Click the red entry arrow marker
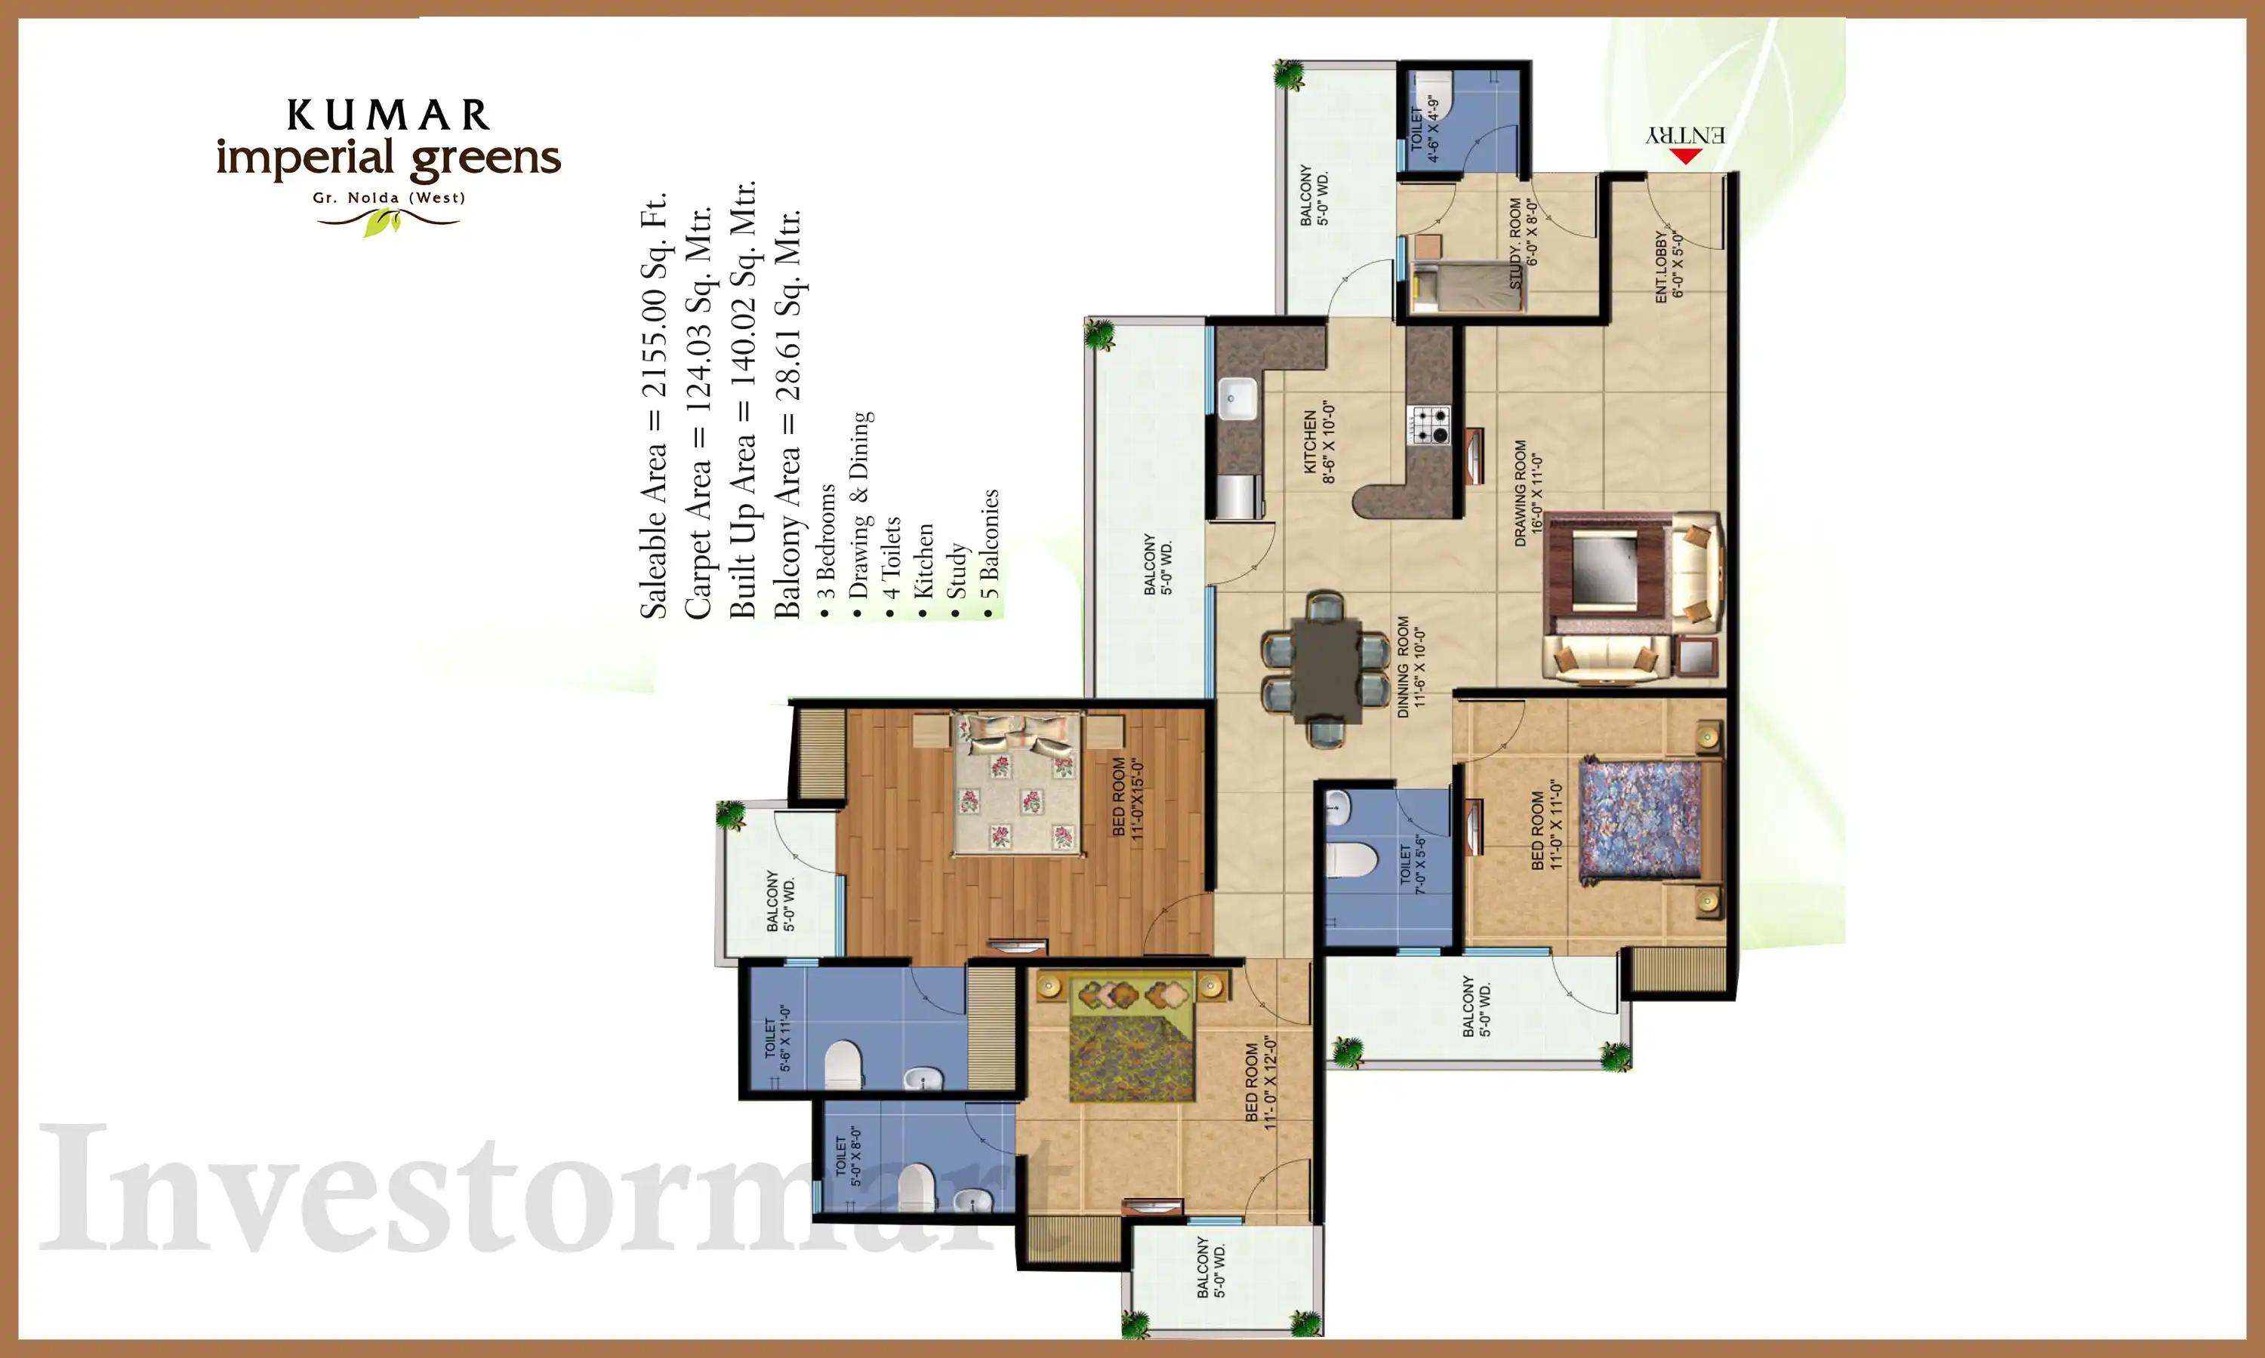(x=1685, y=155)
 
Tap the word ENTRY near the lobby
(x=1685, y=134)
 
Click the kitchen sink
(x=1237, y=398)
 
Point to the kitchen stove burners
(x=1429, y=426)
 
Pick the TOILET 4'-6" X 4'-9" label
(x=1425, y=128)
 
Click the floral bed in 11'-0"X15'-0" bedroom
(x=1016, y=785)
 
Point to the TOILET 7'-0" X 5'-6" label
(x=1413, y=864)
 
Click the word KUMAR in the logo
(x=388, y=115)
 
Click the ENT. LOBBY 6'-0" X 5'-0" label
(x=1668, y=266)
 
